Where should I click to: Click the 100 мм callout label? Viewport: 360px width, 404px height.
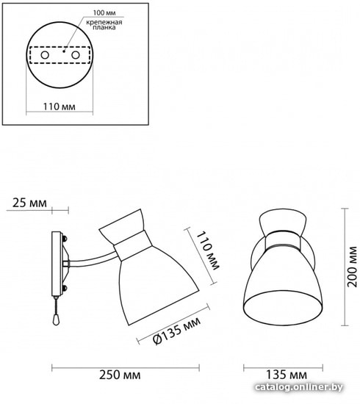pos(104,12)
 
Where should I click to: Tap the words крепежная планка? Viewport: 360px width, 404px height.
pos(104,25)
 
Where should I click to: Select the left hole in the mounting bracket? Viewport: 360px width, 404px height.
pos(45,55)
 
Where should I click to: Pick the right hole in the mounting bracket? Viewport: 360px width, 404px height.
pos(75,55)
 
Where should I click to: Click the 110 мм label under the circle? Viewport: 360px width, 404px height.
pos(60,107)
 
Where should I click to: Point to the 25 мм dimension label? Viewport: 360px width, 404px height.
pos(29,203)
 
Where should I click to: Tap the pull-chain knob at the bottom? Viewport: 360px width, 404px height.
pos(55,320)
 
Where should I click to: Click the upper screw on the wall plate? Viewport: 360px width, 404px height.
pos(65,238)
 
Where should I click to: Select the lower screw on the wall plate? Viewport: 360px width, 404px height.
pos(65,287)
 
